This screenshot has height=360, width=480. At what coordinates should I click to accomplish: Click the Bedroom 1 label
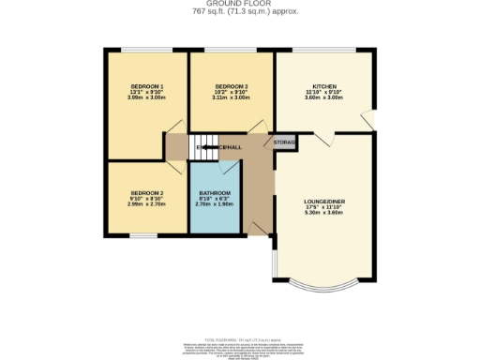click(147, 86)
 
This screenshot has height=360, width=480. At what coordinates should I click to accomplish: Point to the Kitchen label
click(324, 86)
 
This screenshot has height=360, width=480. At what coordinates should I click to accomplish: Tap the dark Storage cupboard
click(285, 142)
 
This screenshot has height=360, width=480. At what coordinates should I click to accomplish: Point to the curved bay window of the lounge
click(325, 287)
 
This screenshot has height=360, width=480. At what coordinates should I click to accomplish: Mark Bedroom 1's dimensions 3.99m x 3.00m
click(147, 97)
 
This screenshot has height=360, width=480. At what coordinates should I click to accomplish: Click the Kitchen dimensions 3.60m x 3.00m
click(324, 97)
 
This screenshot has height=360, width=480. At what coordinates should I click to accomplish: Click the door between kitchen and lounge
click(324, 139)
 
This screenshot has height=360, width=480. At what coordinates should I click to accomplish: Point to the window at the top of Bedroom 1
click(146, 50)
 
